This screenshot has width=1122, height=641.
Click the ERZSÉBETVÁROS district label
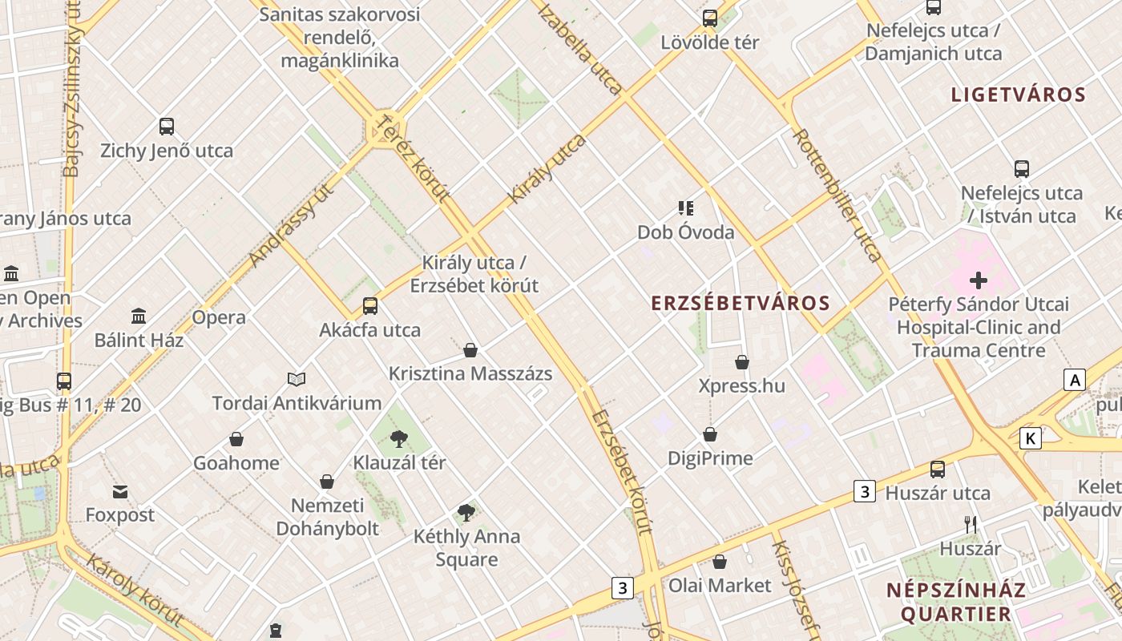point(741,304)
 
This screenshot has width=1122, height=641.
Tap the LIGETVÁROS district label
point(1018,95)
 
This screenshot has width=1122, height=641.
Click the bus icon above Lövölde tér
point(709,18)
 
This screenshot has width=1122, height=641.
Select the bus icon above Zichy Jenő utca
point(167,126)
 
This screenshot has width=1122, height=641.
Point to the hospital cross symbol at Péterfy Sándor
point(978,280)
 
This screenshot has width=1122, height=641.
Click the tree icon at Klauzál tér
point(398,438)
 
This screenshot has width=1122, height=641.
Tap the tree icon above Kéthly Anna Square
point(466,513)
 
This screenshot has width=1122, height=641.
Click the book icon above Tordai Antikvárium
point(297,379)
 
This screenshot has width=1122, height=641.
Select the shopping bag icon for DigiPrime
point(710,434)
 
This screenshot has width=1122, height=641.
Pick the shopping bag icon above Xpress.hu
point(742,362)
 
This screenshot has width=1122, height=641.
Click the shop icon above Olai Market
point(720,562)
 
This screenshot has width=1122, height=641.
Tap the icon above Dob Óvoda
point(686,208)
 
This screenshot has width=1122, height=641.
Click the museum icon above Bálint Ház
point(139,316)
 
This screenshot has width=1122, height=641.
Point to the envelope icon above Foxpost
point(120,491)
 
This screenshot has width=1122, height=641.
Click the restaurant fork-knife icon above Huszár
point(971,525)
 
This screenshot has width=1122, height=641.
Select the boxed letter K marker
point(1031,438)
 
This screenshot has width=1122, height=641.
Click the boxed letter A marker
point(1074,380)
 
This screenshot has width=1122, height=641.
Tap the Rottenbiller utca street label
point(837,195)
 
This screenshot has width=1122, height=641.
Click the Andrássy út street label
point(291,224)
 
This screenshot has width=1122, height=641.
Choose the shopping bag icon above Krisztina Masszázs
point(470,350)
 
